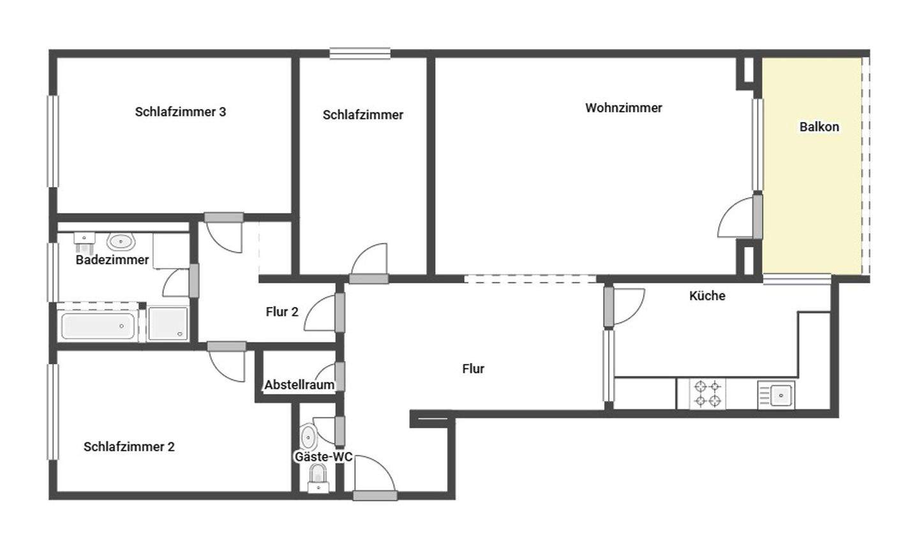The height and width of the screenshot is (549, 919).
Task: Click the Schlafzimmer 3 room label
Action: [x=180, y=112]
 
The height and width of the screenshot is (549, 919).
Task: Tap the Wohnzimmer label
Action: [x=624, y=108]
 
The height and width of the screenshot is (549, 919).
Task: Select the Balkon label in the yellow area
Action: [x=819, y=126]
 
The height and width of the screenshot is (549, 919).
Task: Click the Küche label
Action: [x=707, y=296]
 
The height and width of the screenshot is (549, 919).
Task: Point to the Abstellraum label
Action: [x=299, y=384]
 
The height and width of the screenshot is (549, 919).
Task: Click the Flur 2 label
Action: [x=281, y=312]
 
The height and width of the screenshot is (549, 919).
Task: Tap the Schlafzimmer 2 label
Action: [x=128, y=446]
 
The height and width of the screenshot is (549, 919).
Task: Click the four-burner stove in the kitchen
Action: [x=707, y=393]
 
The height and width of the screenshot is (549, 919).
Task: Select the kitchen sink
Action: [x=776, y=395]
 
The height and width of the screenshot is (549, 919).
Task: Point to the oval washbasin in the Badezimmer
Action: [x=120, y=241]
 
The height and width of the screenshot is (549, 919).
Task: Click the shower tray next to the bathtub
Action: [x=168, y=324]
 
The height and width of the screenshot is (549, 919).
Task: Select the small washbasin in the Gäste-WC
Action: [x=308, y=438]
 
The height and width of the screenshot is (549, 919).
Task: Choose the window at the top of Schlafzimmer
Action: [x=360, y=54]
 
